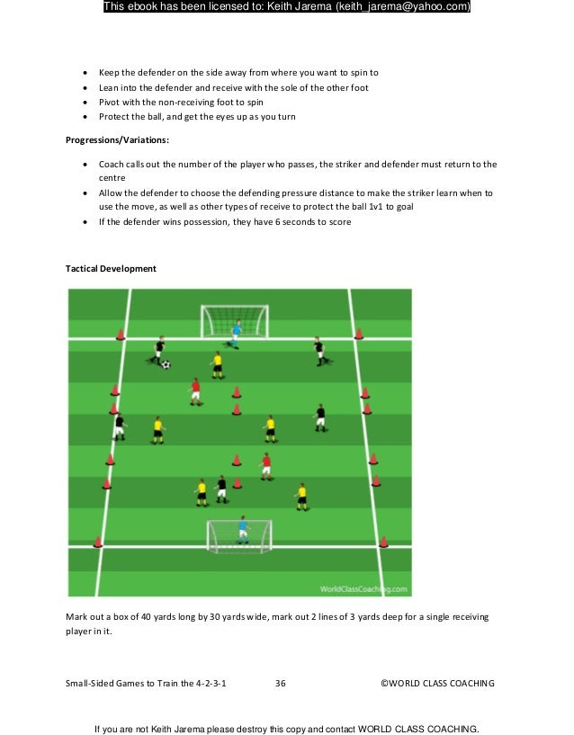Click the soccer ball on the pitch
(166, 364)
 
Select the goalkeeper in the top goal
(236, 332)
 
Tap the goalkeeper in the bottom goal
(242, 531)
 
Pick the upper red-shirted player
(195, 390)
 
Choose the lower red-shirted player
(265, 465)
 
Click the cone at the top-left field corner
(120, 335)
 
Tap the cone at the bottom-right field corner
(383, 542)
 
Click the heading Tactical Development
(112, 269)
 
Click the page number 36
(280, 684)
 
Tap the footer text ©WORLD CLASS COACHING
(437, 684)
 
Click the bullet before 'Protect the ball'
(85, 117)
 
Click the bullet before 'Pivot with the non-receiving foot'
(85, 103)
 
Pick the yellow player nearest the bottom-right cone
(301, 495)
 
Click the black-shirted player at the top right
(318, 350)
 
